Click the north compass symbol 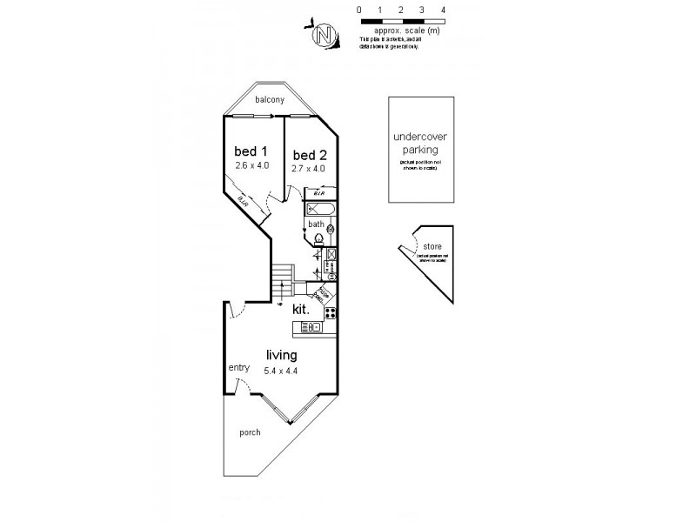click(x=325, y=35)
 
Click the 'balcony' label click(x=270, y=100)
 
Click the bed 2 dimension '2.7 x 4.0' click(x=308, y=169)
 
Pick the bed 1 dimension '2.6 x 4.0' click(x=252, y=164)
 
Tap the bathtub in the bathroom click(x=319, y=210)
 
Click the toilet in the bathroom click(x=318, y=238)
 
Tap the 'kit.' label click(x=302, y=309)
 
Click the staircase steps click(x=280, y=281)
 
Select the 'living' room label click(x=282, y=356)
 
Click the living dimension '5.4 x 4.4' click(x=282, y=371)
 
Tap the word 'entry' click(x=238, y=368)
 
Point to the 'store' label click(x=432, y=245)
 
